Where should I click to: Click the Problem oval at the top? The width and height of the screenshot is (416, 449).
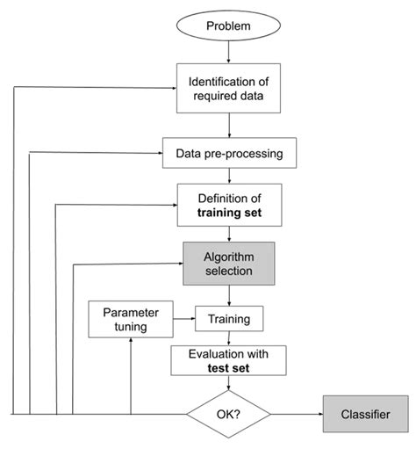click(228, 25)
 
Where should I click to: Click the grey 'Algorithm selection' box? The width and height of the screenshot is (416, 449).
click(228, 263)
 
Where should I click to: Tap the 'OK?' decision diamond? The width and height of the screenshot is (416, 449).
click(228, 412)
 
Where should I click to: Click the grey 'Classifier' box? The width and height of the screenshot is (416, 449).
click(367, 412)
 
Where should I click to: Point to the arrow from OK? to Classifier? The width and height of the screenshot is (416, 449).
click(297, 412)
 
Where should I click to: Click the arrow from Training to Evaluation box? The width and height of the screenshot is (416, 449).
click(228, 337)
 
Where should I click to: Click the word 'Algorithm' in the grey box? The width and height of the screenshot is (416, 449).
click(228, 255)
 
